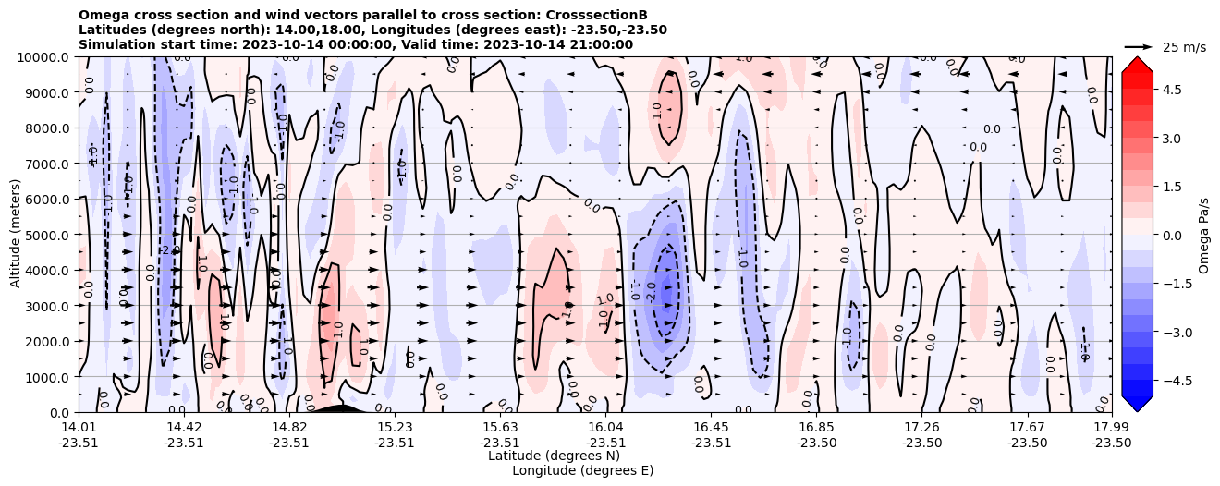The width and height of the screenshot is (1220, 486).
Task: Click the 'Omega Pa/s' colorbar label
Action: point(1204,235)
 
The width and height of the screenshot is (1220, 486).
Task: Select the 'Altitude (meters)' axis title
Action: point(16,235)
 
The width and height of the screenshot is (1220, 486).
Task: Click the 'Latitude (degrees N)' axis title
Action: point(554,456)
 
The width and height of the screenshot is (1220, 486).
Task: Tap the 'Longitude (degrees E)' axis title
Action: point(582,470)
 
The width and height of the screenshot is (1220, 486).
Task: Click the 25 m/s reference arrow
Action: point(1139,46)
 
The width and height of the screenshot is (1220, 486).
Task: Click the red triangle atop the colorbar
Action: point(1137,64)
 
